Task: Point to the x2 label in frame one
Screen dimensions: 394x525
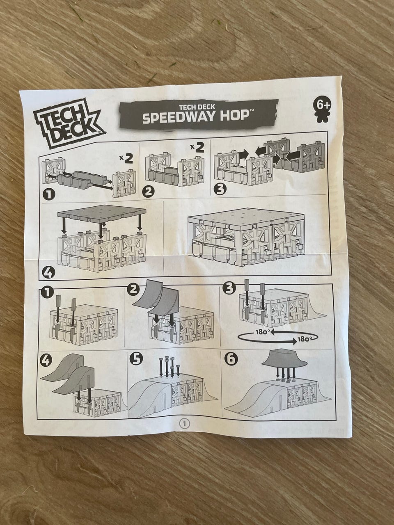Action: (x=125, y=159)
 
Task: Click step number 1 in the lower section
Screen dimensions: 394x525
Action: (x=47, y=293)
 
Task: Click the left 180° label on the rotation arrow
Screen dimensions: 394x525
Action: (x=262, y=333)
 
